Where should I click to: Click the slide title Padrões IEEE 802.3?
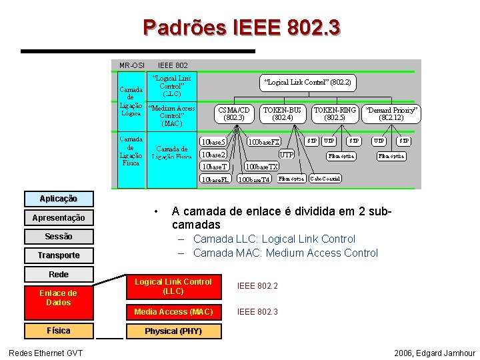[x=241, y=27]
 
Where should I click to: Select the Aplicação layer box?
[x=58, y=199]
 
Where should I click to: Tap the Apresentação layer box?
[x=58, y=218]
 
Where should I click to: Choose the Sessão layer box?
[x=58, y=237]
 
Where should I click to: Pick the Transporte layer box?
[x=58, y=255]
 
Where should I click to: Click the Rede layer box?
[x=58, y=274]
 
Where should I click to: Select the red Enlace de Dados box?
[x=58, y=298]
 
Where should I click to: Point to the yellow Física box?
[x=58, y=331]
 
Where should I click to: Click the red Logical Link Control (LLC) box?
[x=173, y=287]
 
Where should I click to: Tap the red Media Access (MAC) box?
[x=173, y=312]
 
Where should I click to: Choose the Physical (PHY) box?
[x=173, y=331]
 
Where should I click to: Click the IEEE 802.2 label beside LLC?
[x=257, y=286]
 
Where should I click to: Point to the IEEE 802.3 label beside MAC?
[x=257, y=312]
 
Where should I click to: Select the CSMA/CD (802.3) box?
[x=234, y=114]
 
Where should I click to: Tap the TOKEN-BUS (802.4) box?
[x=283, y=114]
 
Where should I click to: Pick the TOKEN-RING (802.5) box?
[x=335, y=114]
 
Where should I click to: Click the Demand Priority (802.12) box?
[x=390, y=114]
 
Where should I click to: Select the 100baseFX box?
[x=264, y=143]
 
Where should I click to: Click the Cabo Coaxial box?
[x=325, y=179]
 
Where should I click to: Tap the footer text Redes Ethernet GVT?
[x=46, y=353]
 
